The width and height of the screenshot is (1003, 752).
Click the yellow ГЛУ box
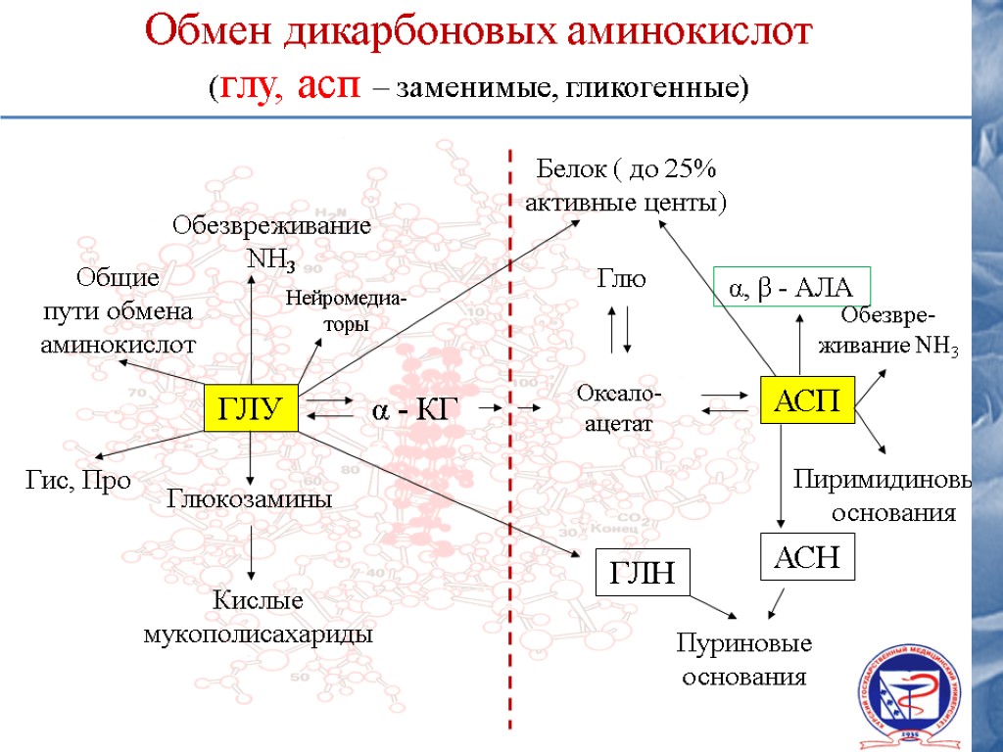[x=251, y=408]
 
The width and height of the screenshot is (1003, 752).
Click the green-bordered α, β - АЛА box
[x=791, y=287]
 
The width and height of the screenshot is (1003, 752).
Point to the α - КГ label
[x=414, y=408]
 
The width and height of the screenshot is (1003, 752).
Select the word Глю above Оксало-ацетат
[x=622, y=280]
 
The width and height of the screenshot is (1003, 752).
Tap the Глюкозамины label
[x=251, y=498]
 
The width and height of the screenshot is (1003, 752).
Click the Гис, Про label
[x=76, y=481]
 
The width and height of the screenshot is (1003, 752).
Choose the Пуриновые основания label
[x=744, y=661]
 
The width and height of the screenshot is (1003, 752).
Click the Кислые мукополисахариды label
[x=258, y=617]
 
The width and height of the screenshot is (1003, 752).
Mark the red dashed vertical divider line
[x=510, y=441]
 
